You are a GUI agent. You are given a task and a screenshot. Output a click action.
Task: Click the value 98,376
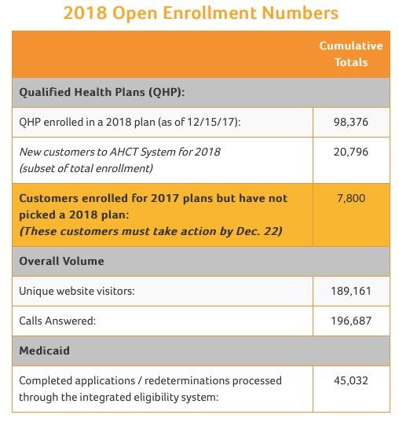coord(351,122)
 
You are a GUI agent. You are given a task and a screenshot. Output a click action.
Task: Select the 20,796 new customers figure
coord(351,152)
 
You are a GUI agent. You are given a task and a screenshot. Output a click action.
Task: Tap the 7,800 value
coord(351,198)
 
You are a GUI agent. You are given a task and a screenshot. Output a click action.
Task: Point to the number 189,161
coord(351,291)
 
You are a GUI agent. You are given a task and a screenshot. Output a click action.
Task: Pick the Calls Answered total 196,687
coord(351,321)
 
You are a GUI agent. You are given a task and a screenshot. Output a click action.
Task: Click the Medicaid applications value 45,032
coord(351,380)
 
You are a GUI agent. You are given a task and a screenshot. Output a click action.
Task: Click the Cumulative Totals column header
coord(351,53)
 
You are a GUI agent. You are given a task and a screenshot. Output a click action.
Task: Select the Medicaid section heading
coord(45,350)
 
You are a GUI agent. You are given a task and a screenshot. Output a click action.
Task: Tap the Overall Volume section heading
coord(61,261)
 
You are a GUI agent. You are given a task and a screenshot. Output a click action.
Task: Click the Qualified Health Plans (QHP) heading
coord(102,92)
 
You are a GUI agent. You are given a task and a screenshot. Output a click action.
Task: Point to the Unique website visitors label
coord(77,292)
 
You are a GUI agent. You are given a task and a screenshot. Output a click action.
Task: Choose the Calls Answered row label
coord(57,321)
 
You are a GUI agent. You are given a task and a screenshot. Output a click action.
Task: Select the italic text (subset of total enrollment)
coord(86,168)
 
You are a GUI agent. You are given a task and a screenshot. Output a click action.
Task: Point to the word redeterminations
coord(187,380)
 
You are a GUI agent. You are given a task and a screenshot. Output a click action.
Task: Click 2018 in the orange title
coord(85,13)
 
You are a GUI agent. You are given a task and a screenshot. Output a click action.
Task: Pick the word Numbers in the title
coord(300,13)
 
